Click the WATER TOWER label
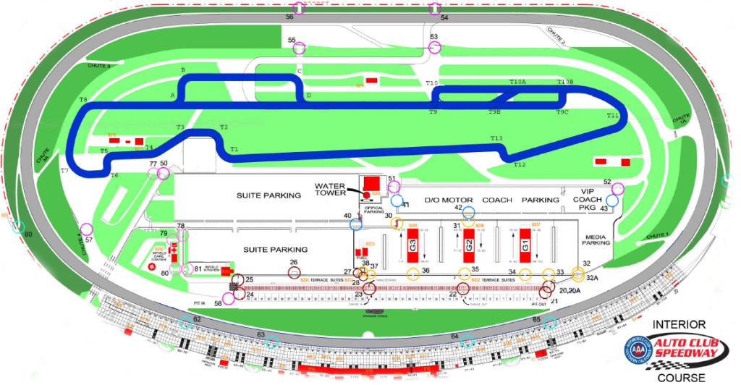[331, 188]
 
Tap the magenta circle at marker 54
[434, 9]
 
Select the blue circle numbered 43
[612, 200]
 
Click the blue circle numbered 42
[468, 213]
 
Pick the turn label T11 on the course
[613, 116]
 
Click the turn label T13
[496, 138]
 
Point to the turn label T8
[83, 99]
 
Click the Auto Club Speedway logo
[673, 350]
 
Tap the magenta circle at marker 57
[85, 229]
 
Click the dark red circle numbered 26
[295, 272]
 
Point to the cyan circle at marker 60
[17, 227]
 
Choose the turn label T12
[520, 165]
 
